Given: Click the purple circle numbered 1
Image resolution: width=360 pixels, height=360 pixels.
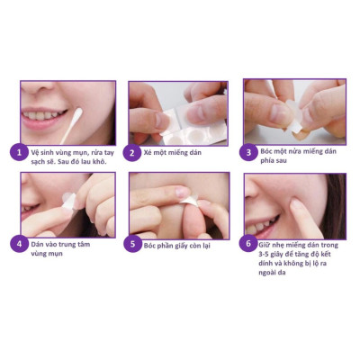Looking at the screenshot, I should [x=17, y=152].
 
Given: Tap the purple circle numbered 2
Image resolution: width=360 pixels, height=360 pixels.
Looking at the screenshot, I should [x=132, y=152].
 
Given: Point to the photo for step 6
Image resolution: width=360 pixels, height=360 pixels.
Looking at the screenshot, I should [x=293, y=204].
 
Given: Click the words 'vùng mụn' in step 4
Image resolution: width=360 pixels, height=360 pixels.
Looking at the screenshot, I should [x=47, y=254].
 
